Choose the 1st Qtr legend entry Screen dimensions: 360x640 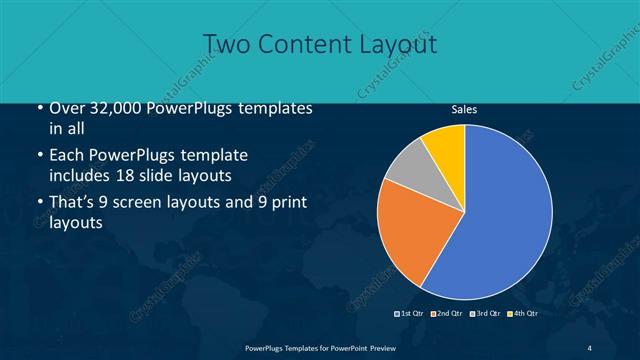point(411,313)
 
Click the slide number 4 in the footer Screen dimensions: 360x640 point(590,347)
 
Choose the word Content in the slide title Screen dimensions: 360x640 point(305,44)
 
